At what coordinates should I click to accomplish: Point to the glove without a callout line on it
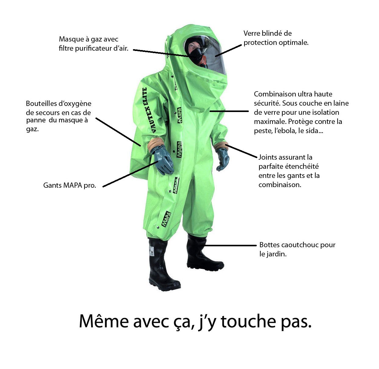[223, 159]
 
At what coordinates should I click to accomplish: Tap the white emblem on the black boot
[151, 251]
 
